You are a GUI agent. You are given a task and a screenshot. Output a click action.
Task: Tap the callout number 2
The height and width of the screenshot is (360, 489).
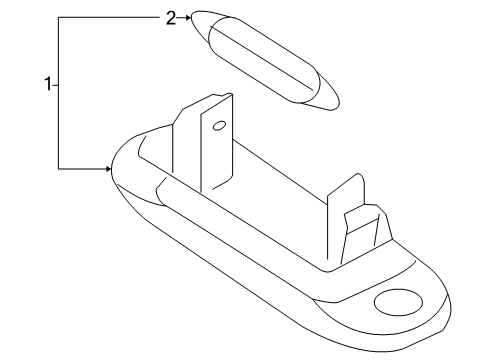171,17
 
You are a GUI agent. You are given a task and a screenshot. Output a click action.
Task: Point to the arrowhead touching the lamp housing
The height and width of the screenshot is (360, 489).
107,169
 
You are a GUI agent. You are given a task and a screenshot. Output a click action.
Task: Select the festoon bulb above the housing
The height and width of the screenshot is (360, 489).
266,58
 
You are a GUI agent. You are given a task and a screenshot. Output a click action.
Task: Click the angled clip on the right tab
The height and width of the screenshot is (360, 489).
362,225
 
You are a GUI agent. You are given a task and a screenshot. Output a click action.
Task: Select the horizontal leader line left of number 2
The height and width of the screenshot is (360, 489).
110,17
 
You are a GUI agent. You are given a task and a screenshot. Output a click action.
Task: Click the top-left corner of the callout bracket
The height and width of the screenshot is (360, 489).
59,17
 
